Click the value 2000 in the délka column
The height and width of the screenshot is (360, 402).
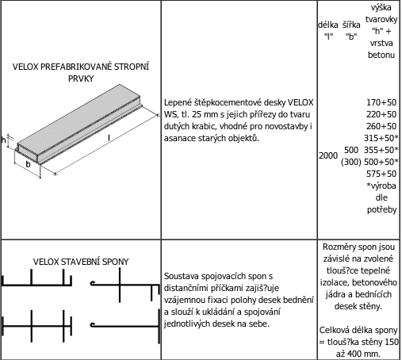click(328, 155)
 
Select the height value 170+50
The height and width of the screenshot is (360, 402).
click(381, 102)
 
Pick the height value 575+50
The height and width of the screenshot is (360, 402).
click(381, 174)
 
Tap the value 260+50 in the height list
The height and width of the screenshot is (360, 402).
click(381, 126)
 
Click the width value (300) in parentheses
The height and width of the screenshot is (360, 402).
click(351, 162)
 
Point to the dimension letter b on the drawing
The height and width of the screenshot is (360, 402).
click(28, 164)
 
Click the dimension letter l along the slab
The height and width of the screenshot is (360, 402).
click(109, 138)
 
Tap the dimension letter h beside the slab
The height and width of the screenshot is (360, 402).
click(3, 140)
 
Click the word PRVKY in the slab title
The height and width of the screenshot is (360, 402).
click(81, 79)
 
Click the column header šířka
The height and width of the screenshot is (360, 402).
click(351, 25)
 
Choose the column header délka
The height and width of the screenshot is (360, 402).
click(328, 25)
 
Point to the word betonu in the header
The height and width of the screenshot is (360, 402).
click(381, 55)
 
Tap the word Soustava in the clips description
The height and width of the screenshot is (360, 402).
click(181, 276)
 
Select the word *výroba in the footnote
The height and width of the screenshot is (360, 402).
click(381, 186)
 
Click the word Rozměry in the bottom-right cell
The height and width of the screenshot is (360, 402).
click(335, 247)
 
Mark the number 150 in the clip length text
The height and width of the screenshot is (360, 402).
click(392, 342)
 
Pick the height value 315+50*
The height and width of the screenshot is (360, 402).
click(381, 138)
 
